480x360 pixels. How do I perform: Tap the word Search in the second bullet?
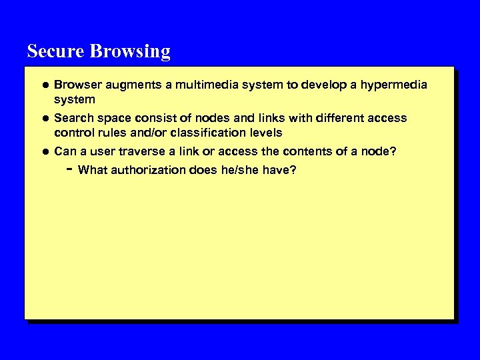[x=73, y=118]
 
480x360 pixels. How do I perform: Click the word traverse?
[x=135, y=152]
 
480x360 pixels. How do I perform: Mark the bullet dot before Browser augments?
[x=44, y=85]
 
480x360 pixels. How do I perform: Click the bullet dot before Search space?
[x=44, y=118]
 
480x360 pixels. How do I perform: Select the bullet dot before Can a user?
[x=44, y=152]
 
